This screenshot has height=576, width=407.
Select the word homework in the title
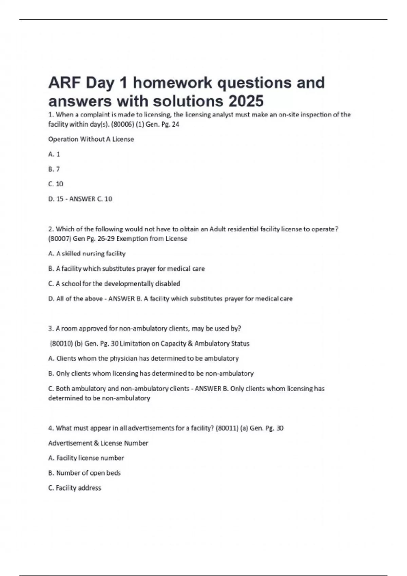(173, 83)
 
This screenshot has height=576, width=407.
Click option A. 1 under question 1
(54, 154)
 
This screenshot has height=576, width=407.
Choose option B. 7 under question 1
(54, 169)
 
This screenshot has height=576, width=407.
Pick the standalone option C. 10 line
(56, 184)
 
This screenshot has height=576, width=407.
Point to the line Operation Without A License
(91, 139)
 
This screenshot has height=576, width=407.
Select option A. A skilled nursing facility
(87, 253)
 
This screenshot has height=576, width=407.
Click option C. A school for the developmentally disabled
(114, 284)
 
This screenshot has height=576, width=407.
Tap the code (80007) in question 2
(60, 239)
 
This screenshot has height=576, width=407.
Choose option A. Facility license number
(86, 458)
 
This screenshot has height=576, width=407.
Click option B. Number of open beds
(84, 473)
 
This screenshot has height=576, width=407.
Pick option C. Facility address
(75, 488)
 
